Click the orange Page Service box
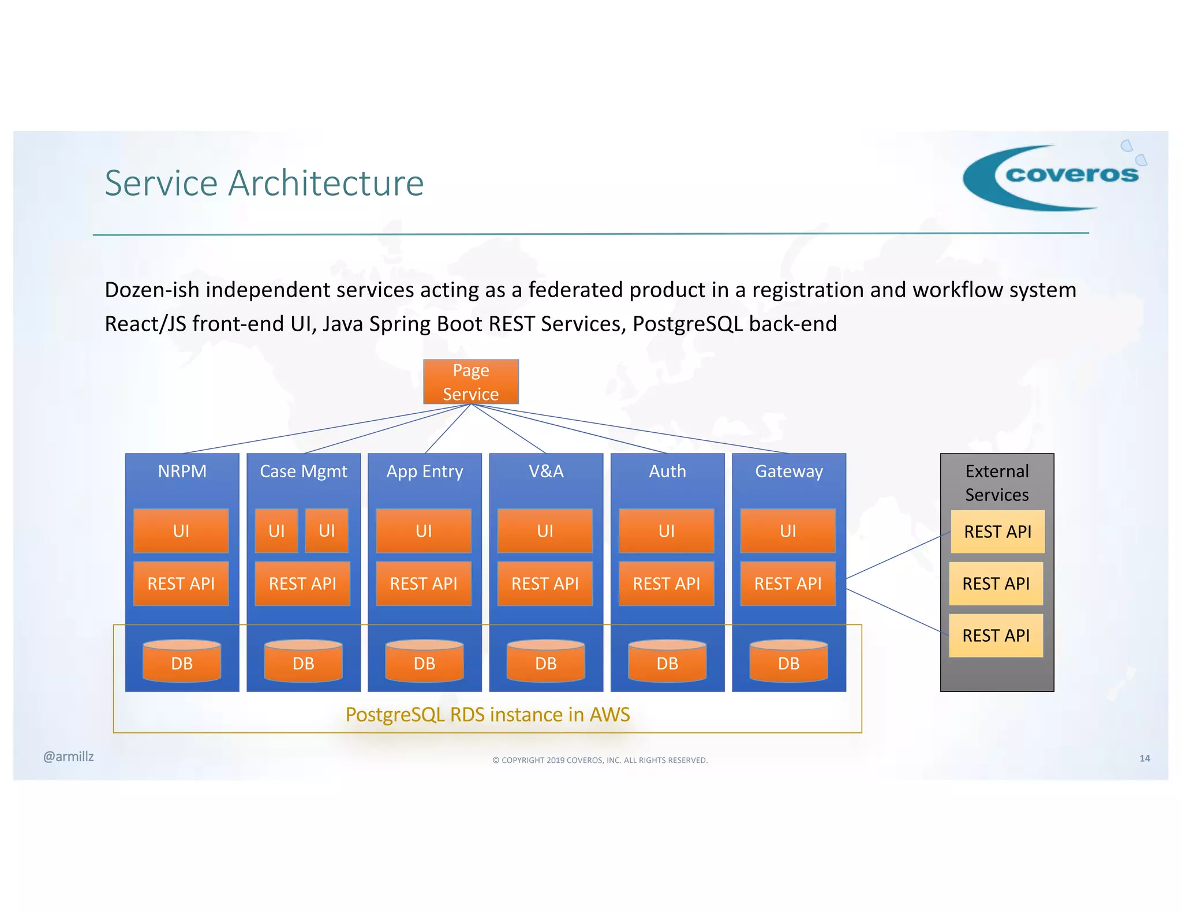click(470, 381)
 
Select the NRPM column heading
click(182, 472)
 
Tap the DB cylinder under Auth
click(667, 661)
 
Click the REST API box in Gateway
click(787, 583)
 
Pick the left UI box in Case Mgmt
click(276, 530)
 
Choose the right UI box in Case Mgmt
click(327, 530)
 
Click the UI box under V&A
click(545, 530)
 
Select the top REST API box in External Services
click(997, 532)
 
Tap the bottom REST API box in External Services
click(996, 635)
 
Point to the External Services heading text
click(997, 483)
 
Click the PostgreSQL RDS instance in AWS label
click(487, 714)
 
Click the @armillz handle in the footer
click(68, 757)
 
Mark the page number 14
click(1144, 758)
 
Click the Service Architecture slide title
click(264, 183)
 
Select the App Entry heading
click(424, 472)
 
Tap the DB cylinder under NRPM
click(182, 661)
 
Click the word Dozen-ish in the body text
click(152, 290)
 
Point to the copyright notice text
click(600, 760)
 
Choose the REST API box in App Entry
click(423, 583)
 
